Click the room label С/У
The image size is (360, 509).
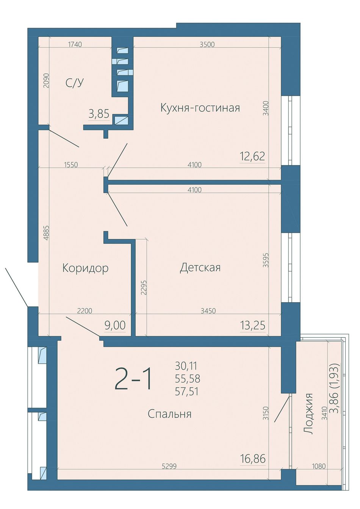74,83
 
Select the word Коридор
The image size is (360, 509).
85,269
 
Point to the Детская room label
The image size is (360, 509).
200,268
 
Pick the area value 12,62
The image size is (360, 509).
252,156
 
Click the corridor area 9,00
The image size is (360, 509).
115,326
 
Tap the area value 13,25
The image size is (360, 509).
252,326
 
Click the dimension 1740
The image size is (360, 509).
75,44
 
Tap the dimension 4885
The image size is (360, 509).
46,233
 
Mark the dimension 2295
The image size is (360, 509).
144,287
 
